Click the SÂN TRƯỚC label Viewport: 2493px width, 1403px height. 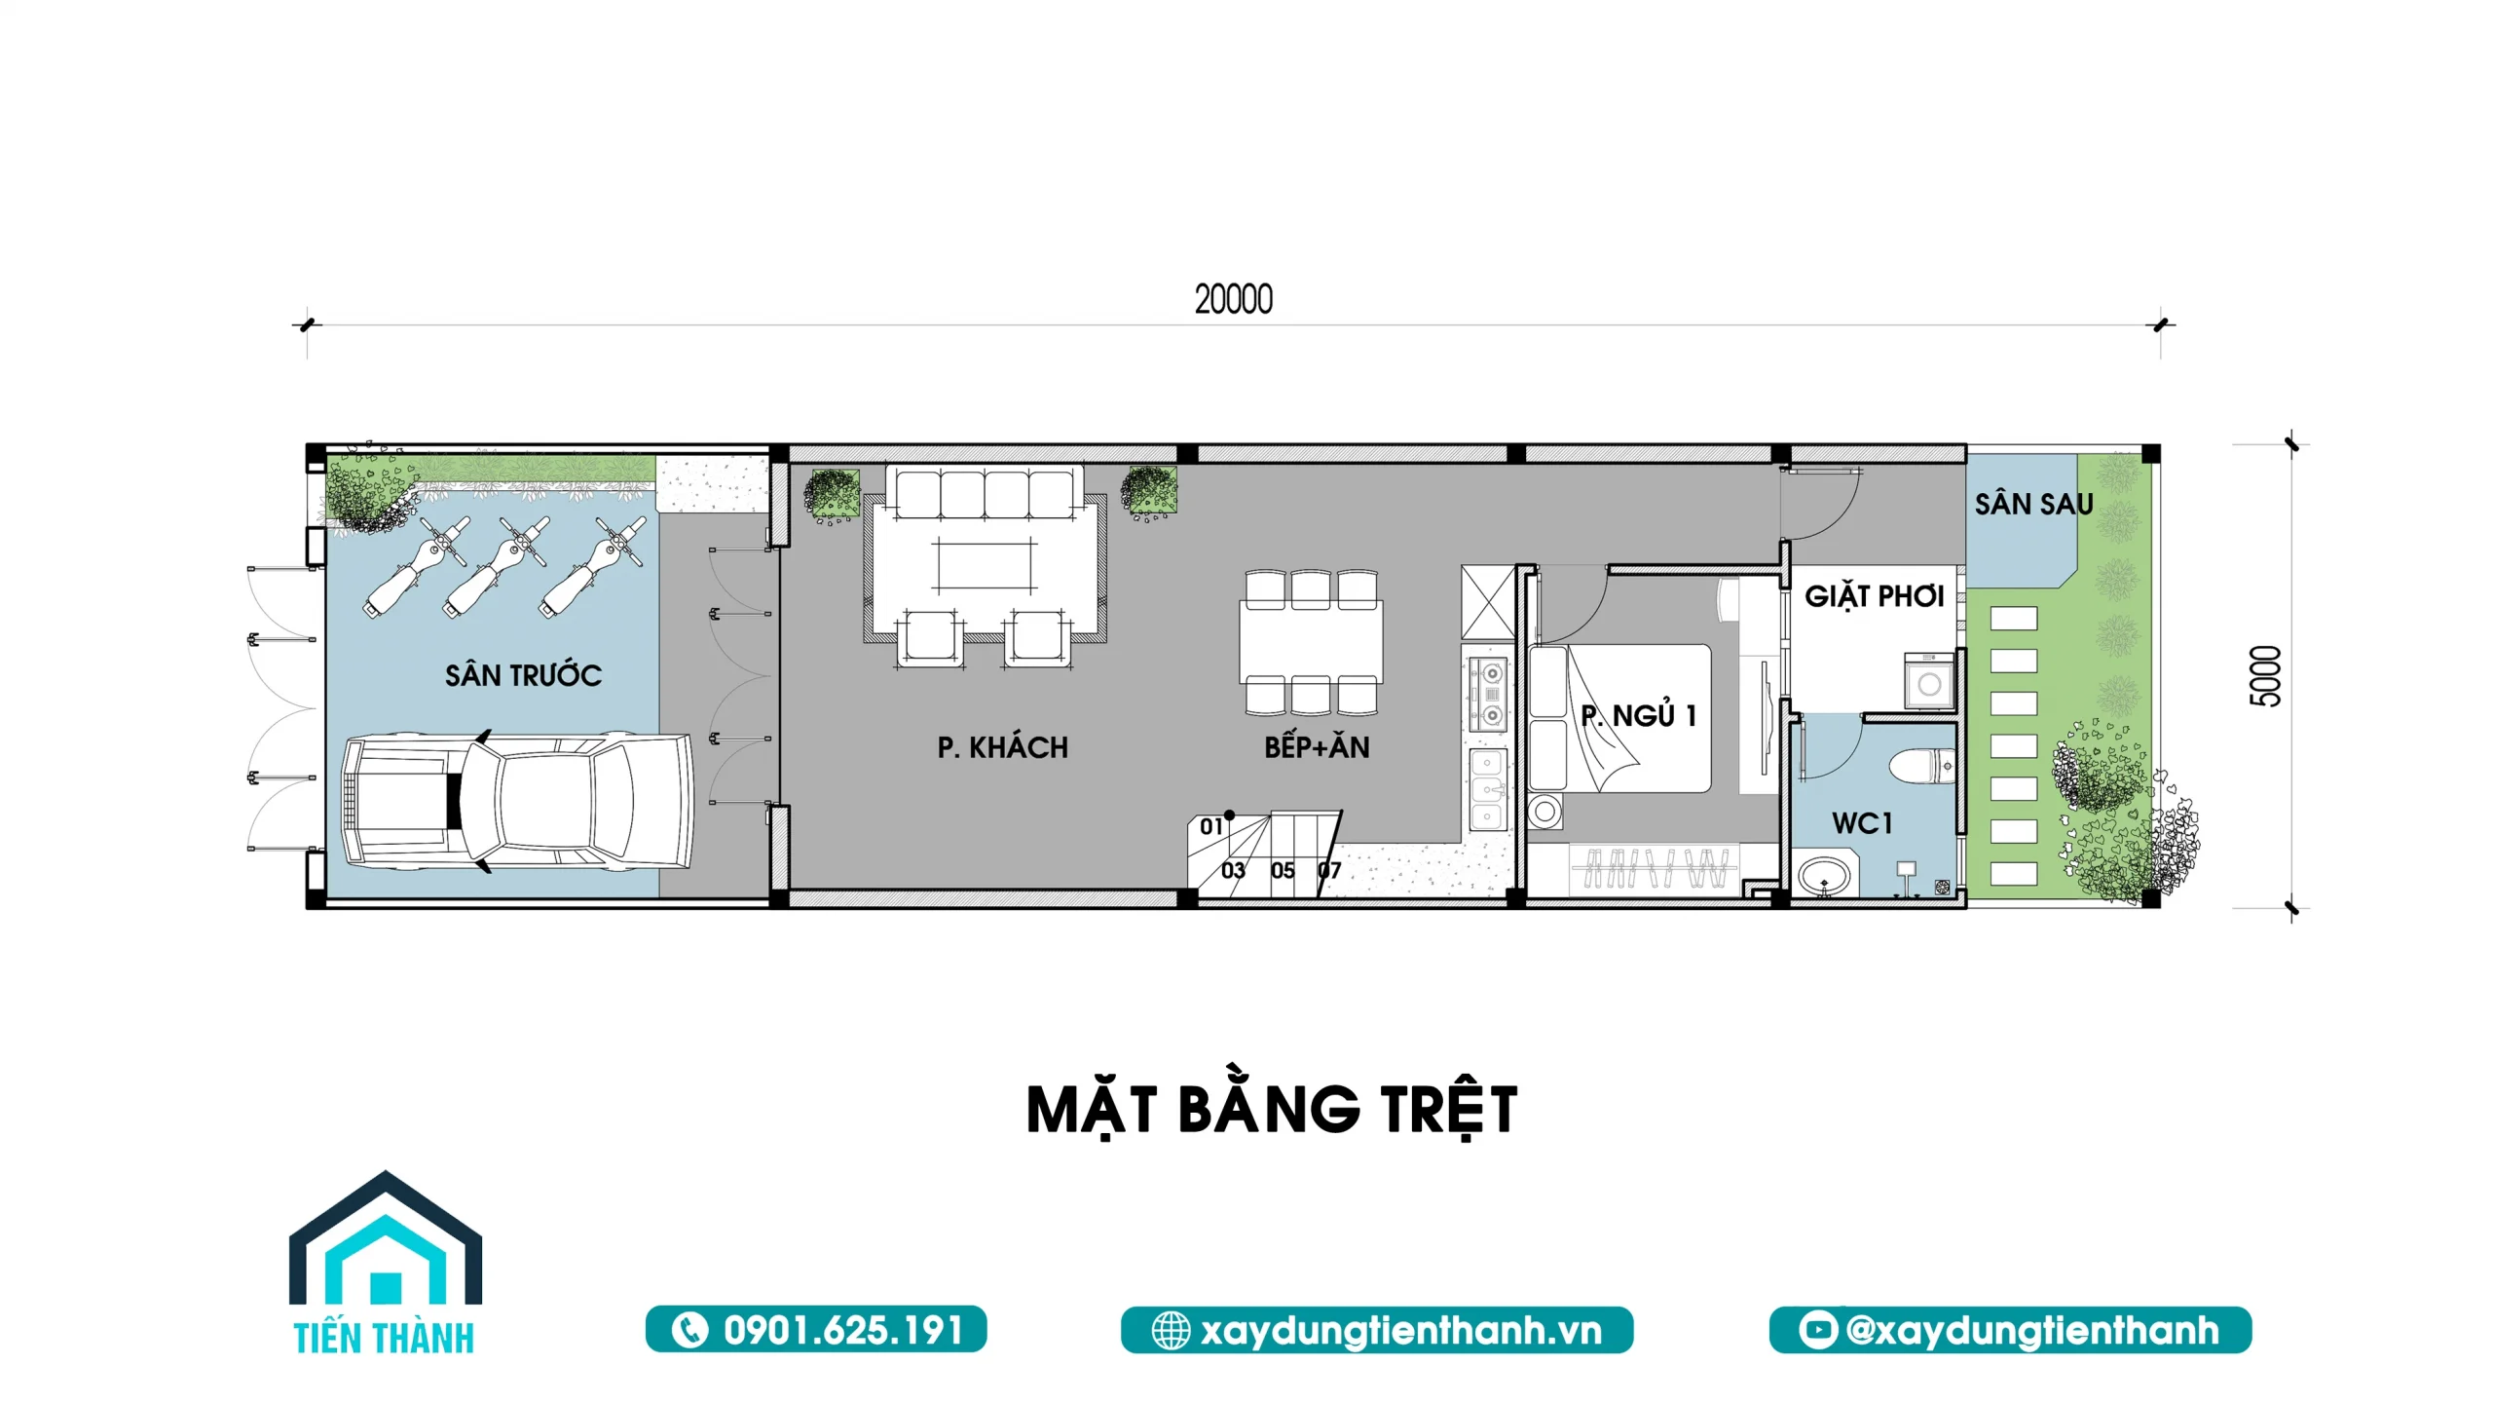click(x=523, y=674)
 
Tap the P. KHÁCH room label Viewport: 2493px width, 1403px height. click(x=1002, y=747)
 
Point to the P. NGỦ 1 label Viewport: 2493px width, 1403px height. click(x=1639, y=714)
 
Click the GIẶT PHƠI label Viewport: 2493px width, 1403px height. click(x=1874, y=595)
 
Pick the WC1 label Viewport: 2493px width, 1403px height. click(x=1862, y=823)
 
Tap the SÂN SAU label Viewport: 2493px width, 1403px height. click(x=2033, y=503)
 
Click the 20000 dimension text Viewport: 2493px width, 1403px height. click(x=1234, y=299)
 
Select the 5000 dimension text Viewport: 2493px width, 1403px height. click(x=2266, y=676)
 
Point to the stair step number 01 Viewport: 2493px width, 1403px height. click(x=1210, y=827)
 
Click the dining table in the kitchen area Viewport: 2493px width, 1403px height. click(x=1311, y=642)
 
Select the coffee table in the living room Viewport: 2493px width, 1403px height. click(x=985, y=565)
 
